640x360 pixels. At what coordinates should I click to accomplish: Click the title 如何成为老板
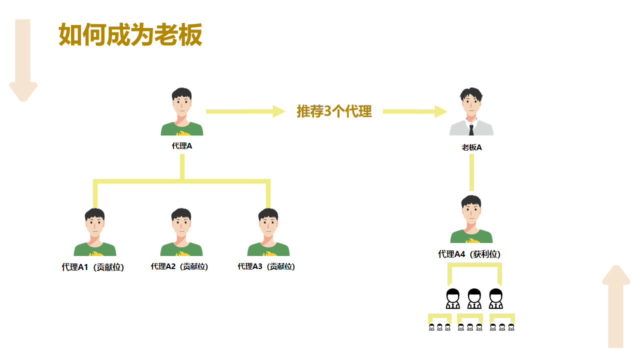pos(130,35)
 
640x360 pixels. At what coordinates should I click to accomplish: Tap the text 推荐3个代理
pos(334,111)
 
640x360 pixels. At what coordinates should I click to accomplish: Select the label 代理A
pos(182,146)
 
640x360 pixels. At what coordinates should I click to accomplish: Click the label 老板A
pos(471,147)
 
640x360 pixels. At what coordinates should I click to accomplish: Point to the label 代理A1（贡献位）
pos(93,267)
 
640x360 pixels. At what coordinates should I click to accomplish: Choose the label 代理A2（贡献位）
pos(179,266)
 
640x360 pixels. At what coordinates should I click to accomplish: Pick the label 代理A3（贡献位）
pos(266,266)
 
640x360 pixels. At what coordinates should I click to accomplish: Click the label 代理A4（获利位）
pos(469,254)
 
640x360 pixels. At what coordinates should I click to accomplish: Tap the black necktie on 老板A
pos(471,129)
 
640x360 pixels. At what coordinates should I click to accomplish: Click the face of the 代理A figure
pos(182,105)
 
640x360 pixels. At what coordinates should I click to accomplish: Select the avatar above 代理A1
pos(95,232)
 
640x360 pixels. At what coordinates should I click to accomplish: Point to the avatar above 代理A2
pos(181,232)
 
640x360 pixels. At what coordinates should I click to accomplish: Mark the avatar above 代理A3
pos(268,232)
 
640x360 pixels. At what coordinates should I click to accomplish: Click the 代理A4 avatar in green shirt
pos(471,219)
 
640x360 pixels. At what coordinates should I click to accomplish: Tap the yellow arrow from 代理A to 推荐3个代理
pos(245,111)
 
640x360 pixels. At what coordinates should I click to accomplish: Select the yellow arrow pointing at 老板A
pos(415,111)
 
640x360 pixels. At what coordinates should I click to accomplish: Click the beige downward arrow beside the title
pos(23,60)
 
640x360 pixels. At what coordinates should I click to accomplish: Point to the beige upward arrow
pos(616,306)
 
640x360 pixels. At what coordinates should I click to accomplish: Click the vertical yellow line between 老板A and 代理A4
pos(471,172)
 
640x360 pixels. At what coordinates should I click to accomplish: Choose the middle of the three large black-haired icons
pos(474,299)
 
